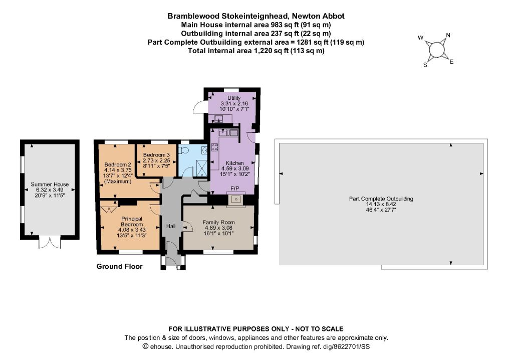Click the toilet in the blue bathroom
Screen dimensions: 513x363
pos(184,150)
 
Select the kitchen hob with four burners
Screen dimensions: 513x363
pos(215,147)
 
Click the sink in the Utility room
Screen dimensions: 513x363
pos(218,118)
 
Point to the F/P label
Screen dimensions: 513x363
pos(235,188)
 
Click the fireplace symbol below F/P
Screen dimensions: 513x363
pos(236,200)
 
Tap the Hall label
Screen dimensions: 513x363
pos(171,226)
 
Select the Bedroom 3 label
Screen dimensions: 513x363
pos(156,155)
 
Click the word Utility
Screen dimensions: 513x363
pos(234,98)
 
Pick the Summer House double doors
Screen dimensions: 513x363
pos(50,243)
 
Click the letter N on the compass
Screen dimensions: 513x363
pos(448,36)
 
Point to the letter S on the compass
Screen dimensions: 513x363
pos(425,65)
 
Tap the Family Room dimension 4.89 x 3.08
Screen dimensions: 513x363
pos(218,228)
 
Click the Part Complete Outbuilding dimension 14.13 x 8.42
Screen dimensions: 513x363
pos(381,204)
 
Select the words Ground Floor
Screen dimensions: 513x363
pos(119,266)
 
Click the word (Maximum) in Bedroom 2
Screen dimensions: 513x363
pos(118,181)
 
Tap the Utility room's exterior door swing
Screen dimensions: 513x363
pos(199,107)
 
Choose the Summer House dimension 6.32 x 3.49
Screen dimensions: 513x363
pos(50,190)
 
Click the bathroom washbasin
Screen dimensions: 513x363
pos(204,150)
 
